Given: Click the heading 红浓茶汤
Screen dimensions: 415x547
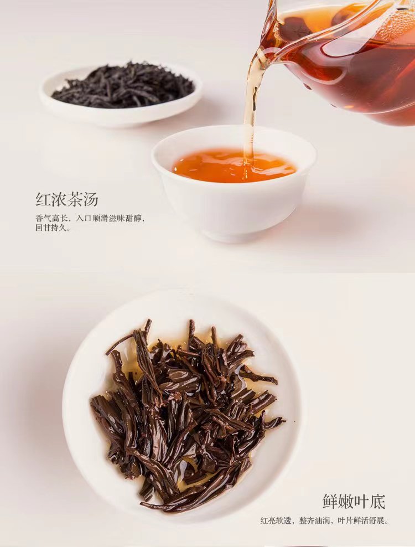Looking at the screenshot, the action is coord(67,199).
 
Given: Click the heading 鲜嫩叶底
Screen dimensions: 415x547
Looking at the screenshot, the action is coord(354,502).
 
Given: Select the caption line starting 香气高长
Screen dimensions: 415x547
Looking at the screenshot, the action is coord(90,219).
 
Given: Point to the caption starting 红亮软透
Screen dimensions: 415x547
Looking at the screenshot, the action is coord(324,521).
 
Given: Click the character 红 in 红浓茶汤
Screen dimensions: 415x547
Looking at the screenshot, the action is coord(43,199).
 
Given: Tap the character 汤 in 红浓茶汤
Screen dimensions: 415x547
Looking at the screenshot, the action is coord(91,199).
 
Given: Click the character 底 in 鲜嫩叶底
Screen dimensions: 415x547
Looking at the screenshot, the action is coord(378,502).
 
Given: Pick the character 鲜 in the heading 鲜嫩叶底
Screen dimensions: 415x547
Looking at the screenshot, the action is coord(330,502).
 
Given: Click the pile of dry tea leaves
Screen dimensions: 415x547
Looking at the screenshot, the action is coord(123,85).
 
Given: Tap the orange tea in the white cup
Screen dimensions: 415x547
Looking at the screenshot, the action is coord(235,166).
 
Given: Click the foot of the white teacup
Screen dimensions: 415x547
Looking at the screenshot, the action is coord(233,236).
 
